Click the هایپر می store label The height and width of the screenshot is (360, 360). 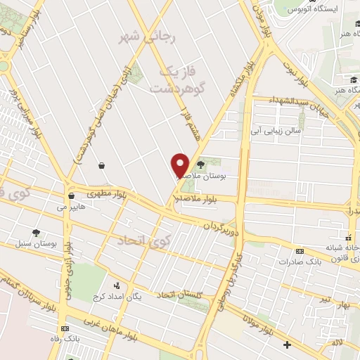coord(72,209)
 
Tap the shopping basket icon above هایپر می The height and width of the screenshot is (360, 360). coord(72,195)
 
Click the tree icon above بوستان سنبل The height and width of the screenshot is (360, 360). coord(35,232)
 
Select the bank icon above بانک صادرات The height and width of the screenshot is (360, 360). coord(300,251)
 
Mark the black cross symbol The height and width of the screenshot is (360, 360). coord(287,345)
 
